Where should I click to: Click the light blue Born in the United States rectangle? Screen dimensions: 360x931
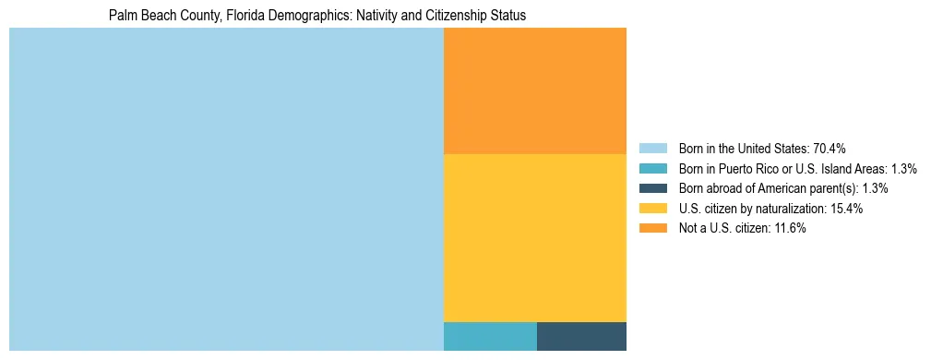click(x=226, y=189)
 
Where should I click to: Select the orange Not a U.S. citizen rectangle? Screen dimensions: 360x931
click(x=535, y=90)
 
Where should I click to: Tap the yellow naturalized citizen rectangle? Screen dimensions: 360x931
click(x=535, y=237)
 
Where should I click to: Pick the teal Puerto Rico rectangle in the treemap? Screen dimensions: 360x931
click(x=490, y=336)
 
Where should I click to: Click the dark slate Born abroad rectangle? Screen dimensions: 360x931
click(x=581, y=336)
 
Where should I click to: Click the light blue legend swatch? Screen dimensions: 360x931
click(x=652, y=149)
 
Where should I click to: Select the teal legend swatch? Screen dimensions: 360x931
click(x=652, y=169)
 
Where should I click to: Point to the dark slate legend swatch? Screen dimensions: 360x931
click(x=652, y=188)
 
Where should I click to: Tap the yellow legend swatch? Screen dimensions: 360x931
click(x=652, y=209)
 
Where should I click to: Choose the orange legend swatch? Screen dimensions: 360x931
click(x=652, y=228)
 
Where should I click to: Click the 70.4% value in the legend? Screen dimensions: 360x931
click(x=830, y=149)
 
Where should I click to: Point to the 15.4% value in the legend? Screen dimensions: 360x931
click(x=846, y=209)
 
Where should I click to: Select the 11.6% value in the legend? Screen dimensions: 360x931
click(x=790, y=228)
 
